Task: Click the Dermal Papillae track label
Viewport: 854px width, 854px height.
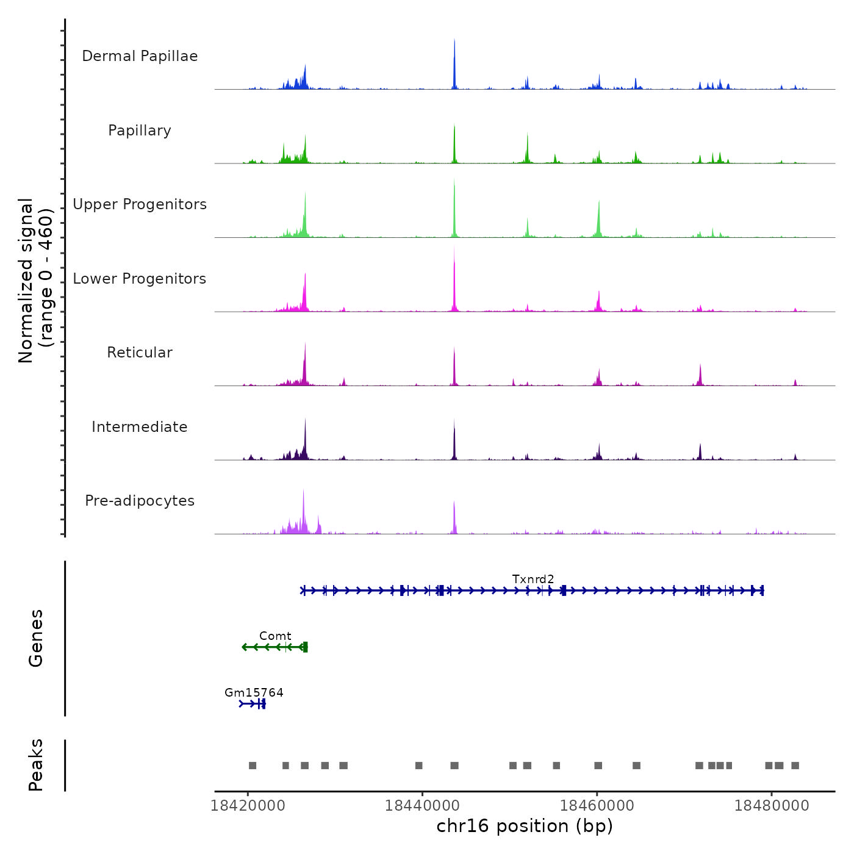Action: (140, 56)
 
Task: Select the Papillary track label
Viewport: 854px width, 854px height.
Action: (140, 131)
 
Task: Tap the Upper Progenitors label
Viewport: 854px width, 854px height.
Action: (140, 204)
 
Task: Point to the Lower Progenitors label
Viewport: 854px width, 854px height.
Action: (140, 279)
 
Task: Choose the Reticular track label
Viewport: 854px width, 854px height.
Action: (140, 353)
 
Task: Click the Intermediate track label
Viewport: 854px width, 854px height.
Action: (140, 427)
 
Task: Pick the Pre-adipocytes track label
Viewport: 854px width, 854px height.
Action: (140, 501)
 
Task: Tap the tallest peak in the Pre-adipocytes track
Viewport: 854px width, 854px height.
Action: (303, 490)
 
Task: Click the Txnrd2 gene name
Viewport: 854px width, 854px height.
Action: (533, 579)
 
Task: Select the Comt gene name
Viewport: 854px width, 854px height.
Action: (275, 636)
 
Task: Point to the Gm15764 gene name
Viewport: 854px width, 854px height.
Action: (254, 692)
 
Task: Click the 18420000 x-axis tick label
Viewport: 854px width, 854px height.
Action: (248, 805)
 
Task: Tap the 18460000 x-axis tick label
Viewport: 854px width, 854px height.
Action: (597, 805)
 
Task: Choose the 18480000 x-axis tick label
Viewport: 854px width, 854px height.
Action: (772, 805)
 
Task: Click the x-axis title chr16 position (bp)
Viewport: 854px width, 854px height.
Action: (525, 826)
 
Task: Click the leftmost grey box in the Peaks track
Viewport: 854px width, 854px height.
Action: (253, 766)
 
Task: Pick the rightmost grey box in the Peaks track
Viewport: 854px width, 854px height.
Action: (795, 766)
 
